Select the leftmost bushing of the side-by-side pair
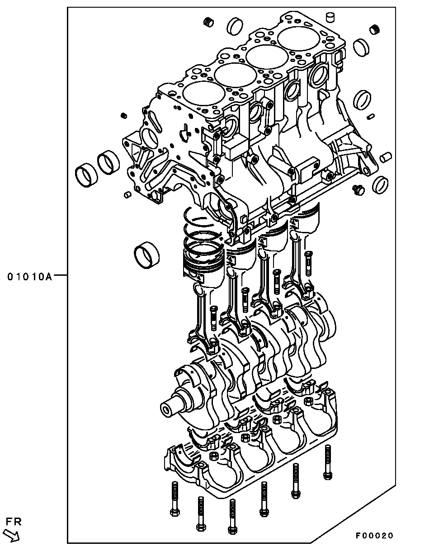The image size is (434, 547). (86, 176)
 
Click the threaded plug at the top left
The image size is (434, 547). (208, 22)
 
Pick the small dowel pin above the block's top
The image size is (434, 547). (330, 17)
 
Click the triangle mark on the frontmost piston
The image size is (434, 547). (199, 279)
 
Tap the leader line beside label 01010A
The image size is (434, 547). (60, 275)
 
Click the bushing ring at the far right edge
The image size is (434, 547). (380, 184)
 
